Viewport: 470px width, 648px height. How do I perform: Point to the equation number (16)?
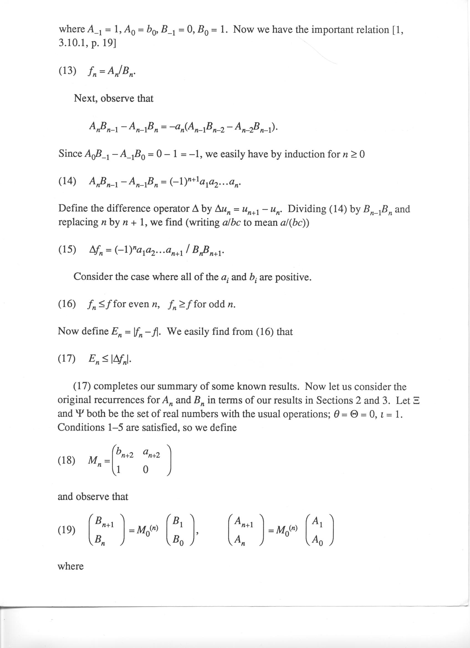(x=67, y=304)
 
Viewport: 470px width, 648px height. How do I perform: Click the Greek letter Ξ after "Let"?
(x=416, y=401)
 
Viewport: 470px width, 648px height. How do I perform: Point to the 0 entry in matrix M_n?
(x=145, y=470)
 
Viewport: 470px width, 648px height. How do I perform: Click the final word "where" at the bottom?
(x=71, y=580)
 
